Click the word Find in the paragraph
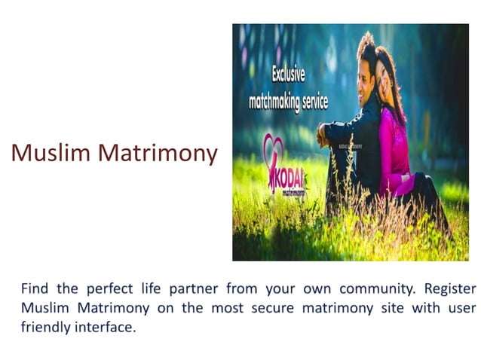[34, 288]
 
